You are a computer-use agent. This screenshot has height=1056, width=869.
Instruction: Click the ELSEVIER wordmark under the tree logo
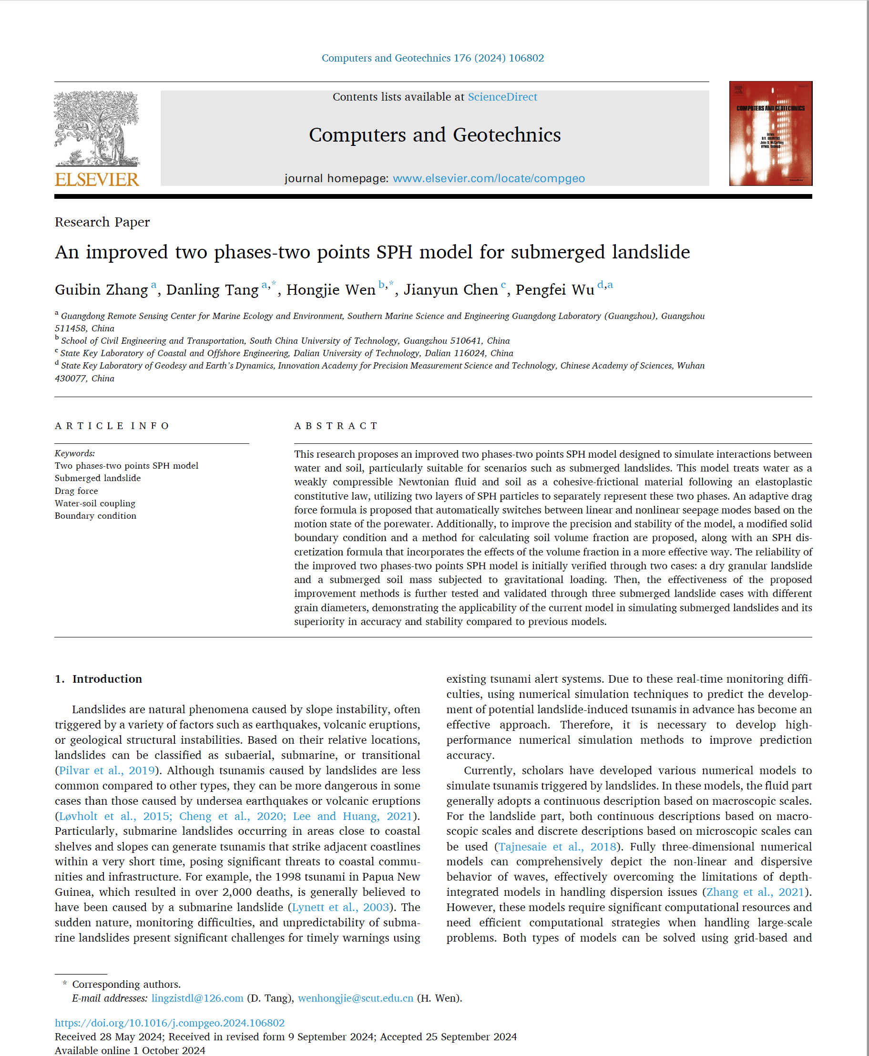click(97, 180)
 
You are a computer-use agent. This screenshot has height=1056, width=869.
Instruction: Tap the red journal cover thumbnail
click(770, 133)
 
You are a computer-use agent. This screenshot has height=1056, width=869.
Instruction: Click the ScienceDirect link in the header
click(502, 97)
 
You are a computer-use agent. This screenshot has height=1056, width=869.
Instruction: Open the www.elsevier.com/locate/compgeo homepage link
click(489, 179)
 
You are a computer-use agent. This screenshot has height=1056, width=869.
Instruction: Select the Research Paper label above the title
click(102, 222)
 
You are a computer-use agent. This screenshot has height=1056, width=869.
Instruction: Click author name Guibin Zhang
click(101, 290)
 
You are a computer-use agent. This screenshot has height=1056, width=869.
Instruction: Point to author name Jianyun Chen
click(450, 290)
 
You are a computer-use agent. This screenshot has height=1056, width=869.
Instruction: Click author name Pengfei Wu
click(555, 290)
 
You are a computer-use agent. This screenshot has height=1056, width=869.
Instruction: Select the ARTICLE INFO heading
click(112, 426)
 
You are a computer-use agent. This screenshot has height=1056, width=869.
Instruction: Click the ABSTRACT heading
click(336, 426)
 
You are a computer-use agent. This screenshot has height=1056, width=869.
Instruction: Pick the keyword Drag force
click(76, 491)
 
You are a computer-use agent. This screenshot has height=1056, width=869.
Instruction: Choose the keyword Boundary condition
click(95, 516)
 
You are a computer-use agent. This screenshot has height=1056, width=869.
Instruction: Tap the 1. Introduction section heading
click(99, 679)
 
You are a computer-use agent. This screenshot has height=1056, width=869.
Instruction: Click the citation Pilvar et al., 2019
click(107, 770)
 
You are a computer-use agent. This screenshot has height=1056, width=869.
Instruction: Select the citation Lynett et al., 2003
click(340, 907)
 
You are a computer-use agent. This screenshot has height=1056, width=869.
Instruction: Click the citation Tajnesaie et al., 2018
click(557, 847)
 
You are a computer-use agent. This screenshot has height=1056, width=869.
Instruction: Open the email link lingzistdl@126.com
click(197, 998)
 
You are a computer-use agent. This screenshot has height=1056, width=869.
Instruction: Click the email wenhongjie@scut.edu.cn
click(356, 998)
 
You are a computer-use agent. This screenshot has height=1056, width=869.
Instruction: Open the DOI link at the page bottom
click(170, 1023)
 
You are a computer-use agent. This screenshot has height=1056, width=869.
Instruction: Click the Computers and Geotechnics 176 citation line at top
click(432, 58)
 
